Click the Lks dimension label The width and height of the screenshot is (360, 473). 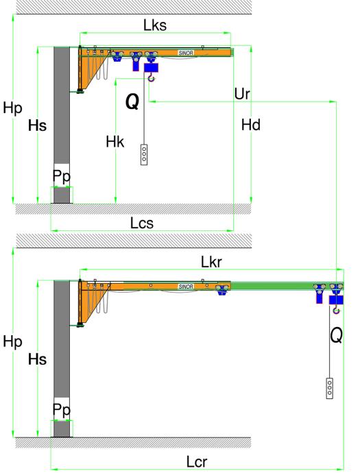pos(155,25)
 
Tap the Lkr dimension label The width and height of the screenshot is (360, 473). pos(211,262)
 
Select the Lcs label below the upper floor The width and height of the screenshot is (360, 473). pos(142,223)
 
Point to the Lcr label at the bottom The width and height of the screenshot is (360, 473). pos(197,462)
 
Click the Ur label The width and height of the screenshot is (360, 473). pos(242,94)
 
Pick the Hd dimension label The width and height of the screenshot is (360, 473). pos(251,125)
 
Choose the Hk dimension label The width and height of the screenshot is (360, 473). pos(115,141)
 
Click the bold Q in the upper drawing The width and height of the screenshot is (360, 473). pos(132,101)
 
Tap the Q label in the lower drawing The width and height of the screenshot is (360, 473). pos(336,335)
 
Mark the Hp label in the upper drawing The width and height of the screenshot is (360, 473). pos(12,108)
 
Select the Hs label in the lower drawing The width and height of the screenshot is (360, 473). pos(38,360)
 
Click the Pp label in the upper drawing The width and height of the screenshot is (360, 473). pos(62,176)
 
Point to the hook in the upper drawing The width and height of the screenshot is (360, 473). pos(151,79)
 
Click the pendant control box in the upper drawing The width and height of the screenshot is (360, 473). pos(144,155)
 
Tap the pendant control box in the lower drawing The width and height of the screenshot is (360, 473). pos(330,388)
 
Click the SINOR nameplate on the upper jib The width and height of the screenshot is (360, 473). pos(186,53)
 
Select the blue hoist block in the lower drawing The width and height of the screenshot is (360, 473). pos(336,300)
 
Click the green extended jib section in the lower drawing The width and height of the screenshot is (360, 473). pos(287,286)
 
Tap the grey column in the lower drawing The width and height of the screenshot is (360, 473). pos(62,359)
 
